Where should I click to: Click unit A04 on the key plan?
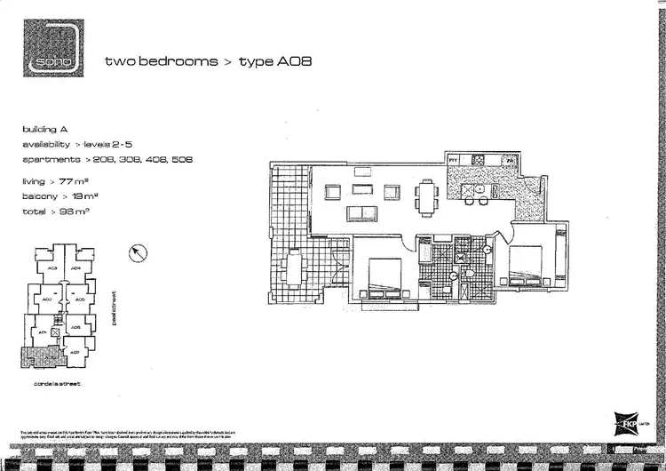click(76, 267)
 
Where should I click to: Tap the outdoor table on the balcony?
click(294, 266)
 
